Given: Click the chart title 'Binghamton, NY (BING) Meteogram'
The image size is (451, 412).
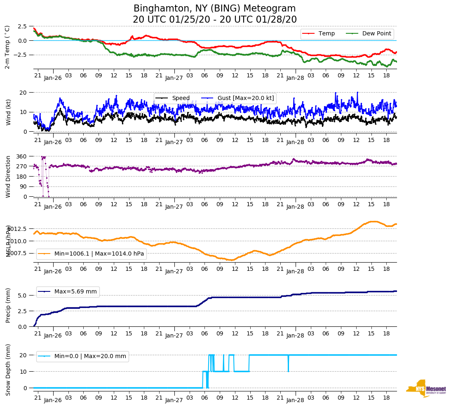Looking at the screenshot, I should [214, 9].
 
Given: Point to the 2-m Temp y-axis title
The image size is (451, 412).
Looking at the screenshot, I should [7, 47].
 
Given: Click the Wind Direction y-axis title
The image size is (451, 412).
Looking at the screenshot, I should [8, 177].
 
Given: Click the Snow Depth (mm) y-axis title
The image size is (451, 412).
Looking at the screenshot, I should [8, 370].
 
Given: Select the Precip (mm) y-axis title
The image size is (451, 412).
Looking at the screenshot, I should [8, 305].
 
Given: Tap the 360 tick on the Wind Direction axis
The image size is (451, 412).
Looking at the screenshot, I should [22, 156].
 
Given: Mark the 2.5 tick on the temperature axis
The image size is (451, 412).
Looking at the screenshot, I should [22, 26].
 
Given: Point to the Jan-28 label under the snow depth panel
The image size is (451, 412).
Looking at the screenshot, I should [295, 400].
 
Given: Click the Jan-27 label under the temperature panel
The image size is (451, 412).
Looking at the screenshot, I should [174, 77].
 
